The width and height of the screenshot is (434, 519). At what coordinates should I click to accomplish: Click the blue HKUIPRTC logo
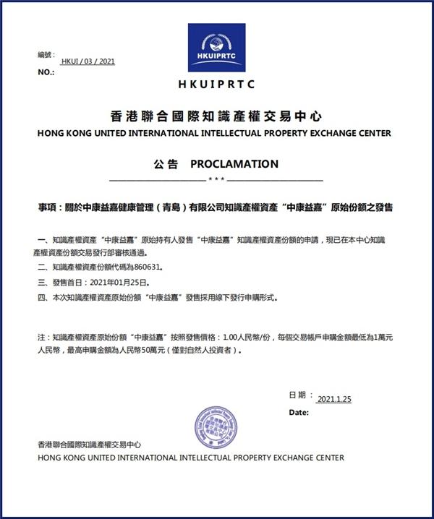pos(216,48)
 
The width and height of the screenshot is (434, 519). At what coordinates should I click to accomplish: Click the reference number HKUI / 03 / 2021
pos(88,62)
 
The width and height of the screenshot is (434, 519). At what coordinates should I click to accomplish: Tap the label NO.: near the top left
pos(46,72)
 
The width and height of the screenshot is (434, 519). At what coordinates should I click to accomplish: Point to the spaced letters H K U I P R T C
pos(216,85)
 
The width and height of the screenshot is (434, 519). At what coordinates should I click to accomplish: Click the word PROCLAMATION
pos(234,164)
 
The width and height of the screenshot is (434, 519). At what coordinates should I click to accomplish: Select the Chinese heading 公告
pos(166,164)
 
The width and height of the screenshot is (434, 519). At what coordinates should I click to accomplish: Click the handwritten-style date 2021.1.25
pos(333,399)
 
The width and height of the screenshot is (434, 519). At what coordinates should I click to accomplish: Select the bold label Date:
pos(299,412)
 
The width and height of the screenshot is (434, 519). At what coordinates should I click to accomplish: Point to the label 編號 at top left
pos(46,55)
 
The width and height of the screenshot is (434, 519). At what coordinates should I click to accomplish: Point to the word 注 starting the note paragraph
pos(40,337)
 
